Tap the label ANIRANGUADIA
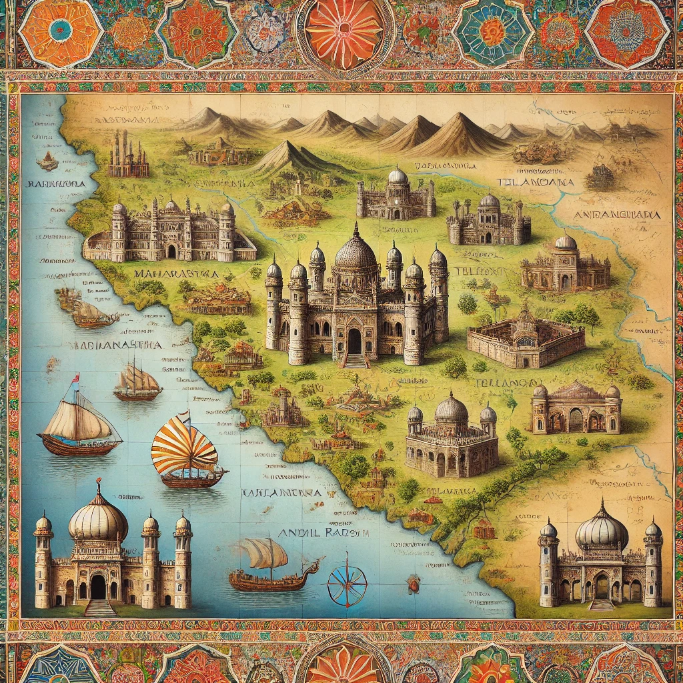click(617, 215)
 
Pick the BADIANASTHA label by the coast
click(115, 345)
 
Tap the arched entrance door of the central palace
click(354, 341)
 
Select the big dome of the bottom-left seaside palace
click(98, 518)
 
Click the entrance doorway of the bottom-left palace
click(98, 587)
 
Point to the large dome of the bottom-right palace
click(602, 528)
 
